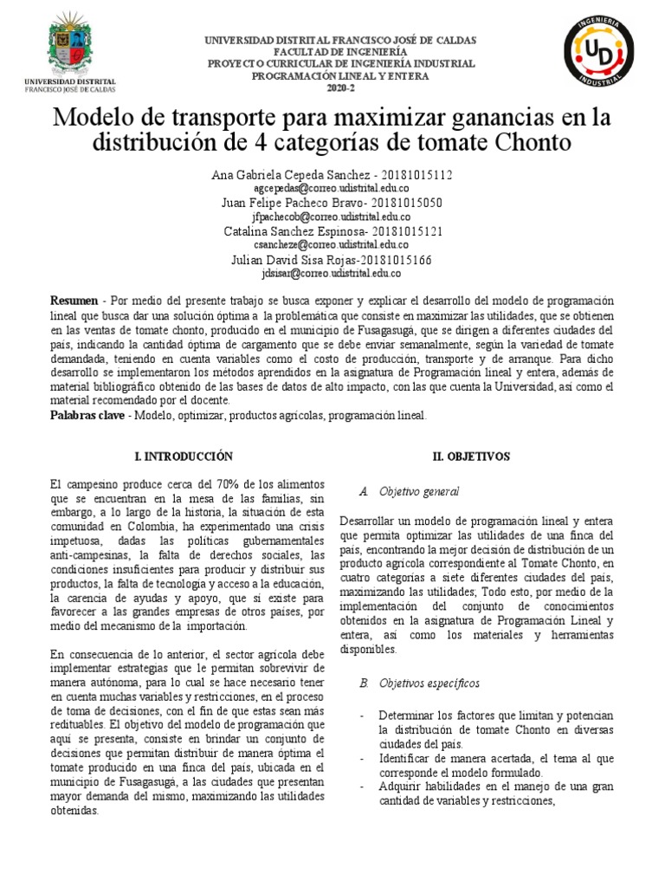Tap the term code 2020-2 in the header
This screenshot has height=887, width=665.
coord(339,87)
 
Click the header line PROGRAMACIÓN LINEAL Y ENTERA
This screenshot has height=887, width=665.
coord(339,76)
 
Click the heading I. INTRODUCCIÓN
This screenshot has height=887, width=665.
coord(184,456)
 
